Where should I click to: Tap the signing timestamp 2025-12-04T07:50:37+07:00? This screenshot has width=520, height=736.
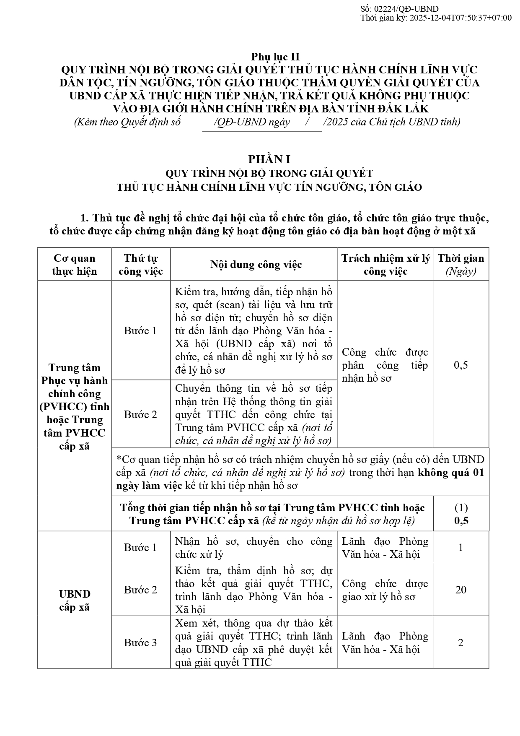click(460, 18)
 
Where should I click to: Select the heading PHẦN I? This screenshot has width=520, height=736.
click(269, 159)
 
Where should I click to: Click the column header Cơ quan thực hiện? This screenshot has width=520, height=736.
click(74, 265)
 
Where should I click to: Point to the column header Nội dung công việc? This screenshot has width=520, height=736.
click(256, 265)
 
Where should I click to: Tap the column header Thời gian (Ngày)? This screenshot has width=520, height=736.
click(460, 265)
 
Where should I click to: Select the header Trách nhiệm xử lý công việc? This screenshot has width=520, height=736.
click(385, 265)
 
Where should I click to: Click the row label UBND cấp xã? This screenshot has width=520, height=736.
click(74, 600)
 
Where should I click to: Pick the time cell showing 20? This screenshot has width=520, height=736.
click(460, 590)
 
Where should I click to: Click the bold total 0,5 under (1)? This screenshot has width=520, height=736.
click(461, 521)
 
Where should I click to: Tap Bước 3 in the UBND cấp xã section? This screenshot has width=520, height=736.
click(140, 642)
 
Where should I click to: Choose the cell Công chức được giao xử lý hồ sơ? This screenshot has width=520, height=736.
click(385, 590)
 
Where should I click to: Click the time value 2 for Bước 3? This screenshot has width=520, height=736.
click(460, 642)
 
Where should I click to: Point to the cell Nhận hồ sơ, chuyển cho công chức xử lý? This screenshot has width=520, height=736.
click(254, 548)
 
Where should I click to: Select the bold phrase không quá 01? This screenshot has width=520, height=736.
click(451, 473)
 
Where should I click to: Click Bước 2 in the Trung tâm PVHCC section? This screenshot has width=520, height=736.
click(140, 414)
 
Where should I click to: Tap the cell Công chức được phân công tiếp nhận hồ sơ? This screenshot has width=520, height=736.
click(385, 365)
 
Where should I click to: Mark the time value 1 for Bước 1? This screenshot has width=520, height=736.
click(461, 547)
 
